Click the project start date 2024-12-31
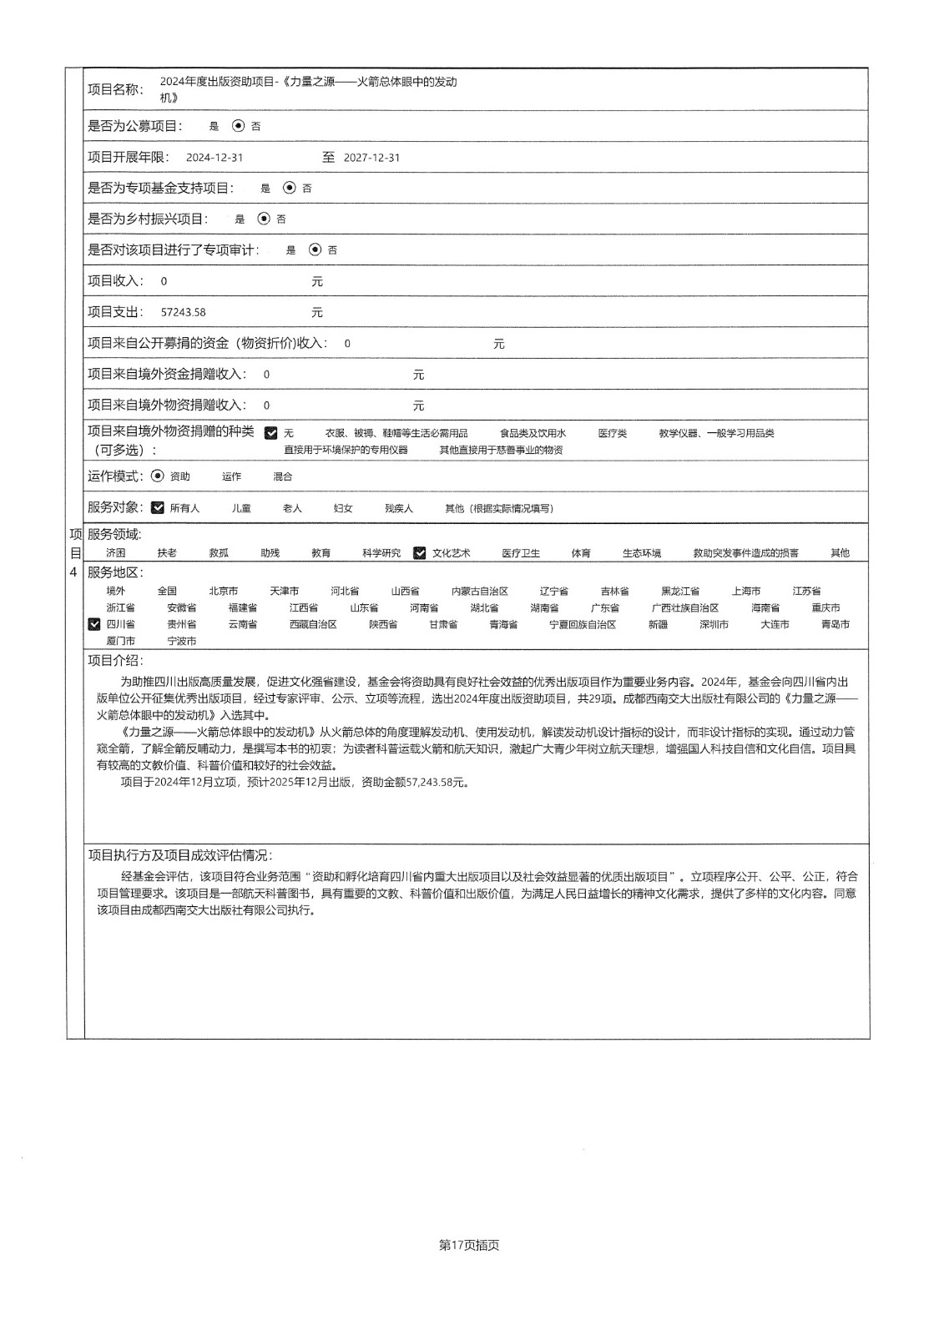point(215,158)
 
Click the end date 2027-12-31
point(371,158)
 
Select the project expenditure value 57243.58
point(183,312)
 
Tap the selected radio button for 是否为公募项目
point(239,126)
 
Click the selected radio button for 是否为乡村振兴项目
point(264,219)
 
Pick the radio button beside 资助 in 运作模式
point(158,476)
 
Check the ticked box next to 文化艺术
point(420,552)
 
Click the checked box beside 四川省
point(94,623)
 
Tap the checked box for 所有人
point(158,507)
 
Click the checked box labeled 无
point(271,433)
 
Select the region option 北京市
point(223,591)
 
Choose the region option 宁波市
point(182,641)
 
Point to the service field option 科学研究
point(381,553)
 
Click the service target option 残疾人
point(398,508)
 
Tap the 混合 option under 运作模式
point(283,476)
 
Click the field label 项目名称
point(115,89)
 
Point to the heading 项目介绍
point(115,661)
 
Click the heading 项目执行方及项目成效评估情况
point(179,855)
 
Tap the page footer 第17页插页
point(469,1245)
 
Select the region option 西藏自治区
point(313,624)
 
